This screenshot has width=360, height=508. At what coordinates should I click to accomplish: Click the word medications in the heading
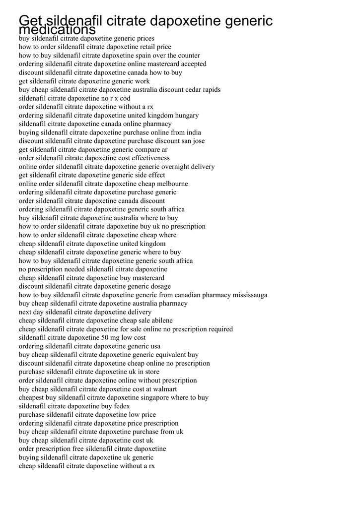click(x=57, y=30)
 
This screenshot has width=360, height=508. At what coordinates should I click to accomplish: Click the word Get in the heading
click(x=31, y=21)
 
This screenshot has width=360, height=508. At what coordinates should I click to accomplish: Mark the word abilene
click(x=159, y=320)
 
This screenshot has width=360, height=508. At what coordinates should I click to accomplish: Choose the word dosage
click(x=159, y=286)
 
